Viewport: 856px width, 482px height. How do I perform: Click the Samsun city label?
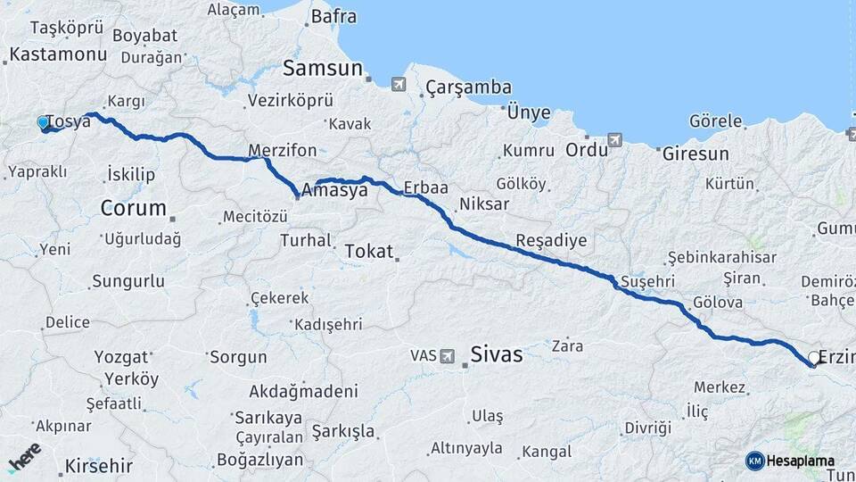322,69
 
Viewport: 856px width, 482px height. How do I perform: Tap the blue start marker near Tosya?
43,122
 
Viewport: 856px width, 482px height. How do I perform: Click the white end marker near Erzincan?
813,359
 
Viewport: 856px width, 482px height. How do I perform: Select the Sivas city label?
498,353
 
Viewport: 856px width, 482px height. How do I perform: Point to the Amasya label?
335,190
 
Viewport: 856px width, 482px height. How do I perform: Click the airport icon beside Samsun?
397,84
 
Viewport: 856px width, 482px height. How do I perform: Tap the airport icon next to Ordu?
614,140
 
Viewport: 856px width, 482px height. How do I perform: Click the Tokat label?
368,252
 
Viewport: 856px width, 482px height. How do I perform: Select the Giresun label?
695,154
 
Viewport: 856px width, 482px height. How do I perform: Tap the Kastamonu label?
58,54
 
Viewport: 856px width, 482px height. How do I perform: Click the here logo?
24,457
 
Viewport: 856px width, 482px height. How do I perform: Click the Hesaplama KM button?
791,461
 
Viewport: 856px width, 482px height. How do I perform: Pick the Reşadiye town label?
551,241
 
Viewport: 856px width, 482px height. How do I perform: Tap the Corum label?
133,209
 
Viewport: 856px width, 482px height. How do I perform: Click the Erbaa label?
425,188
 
